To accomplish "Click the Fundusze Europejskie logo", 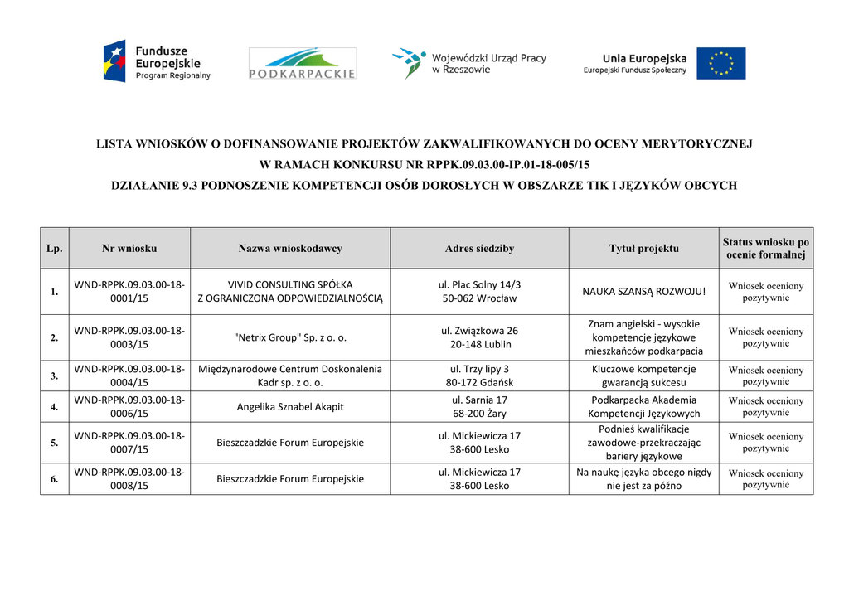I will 157,62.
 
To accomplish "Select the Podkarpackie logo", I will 303,64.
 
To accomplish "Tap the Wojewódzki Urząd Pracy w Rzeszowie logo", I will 468,63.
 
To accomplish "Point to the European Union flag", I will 720,63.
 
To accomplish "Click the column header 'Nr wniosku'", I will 129,248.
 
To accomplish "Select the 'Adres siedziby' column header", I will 479,248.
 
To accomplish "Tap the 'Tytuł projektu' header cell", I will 643,248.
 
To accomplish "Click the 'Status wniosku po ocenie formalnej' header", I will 765,248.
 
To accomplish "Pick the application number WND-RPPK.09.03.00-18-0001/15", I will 129,292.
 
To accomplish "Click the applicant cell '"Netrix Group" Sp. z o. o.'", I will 290,337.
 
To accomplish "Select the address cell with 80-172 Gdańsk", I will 479,376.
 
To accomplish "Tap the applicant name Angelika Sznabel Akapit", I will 290,406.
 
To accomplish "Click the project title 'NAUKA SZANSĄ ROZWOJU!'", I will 643,291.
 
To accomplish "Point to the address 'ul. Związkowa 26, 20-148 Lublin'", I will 479,337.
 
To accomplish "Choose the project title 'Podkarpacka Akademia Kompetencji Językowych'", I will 643,406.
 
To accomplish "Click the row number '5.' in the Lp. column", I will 54,443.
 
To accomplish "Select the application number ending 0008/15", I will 129,479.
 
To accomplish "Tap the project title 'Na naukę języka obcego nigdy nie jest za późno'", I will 643,479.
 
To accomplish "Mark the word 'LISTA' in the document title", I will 114,144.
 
